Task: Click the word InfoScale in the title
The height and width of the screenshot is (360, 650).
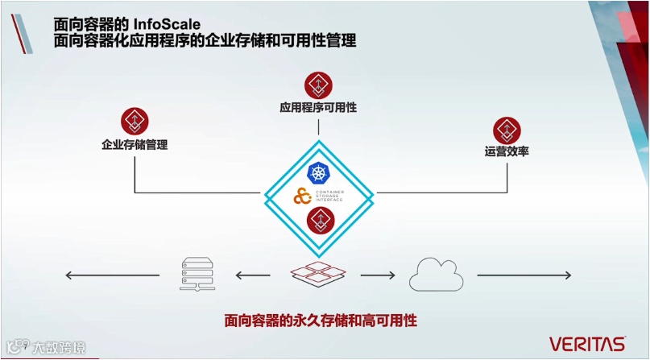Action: [x=167, y=23]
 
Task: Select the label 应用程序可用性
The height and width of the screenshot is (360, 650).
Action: [x=318, y=107]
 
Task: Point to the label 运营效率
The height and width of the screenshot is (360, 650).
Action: [x=507, y=151]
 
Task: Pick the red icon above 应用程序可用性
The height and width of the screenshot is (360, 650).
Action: [x=318, y=85]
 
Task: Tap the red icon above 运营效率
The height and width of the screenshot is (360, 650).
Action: [x=507, y=128]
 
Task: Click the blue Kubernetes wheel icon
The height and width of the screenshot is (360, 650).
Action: [x=320, y=172]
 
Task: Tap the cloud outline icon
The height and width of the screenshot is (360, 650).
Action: [x=435, y=275]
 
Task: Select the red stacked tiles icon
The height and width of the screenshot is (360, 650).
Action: [x=320, y=274]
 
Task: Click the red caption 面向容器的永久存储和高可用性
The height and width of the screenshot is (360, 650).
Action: [x=320, y=320]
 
